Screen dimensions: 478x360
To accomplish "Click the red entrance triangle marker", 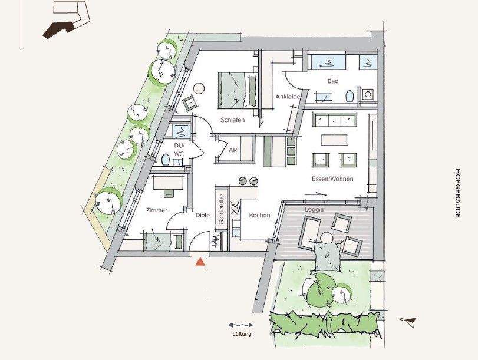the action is (x=200, y=262).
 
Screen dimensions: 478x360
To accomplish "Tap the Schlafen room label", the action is (x=233, y=120).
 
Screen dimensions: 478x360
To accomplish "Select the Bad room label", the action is (x=333, y=81).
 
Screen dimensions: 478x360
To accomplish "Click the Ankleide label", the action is (x=288, y=97).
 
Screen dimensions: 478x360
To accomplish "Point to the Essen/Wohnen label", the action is (x=332, y=179).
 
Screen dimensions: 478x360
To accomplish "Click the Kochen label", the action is (x=259, y=215).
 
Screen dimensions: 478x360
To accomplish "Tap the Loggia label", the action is (x=314, y=209).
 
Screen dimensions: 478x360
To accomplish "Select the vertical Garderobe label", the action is (x=222, y=209).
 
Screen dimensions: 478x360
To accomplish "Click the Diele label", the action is (x=203, y=215).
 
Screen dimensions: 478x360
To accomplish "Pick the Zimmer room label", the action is (x=157, y=210).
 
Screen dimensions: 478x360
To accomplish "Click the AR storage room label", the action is (x=233, y=150).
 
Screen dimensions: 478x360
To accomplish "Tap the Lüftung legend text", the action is (x=242, y=334).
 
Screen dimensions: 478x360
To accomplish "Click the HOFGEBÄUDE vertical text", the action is (x=457, y=193).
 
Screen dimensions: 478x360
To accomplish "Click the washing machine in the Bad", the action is (x=368, y=94).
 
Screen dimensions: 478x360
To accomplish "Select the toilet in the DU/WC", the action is (x=165, y=159).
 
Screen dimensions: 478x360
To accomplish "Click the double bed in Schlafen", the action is (x=238, y=90).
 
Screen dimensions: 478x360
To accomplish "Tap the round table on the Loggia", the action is (x=327, y=237).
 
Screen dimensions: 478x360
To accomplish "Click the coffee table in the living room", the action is (x=334, y=140).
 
